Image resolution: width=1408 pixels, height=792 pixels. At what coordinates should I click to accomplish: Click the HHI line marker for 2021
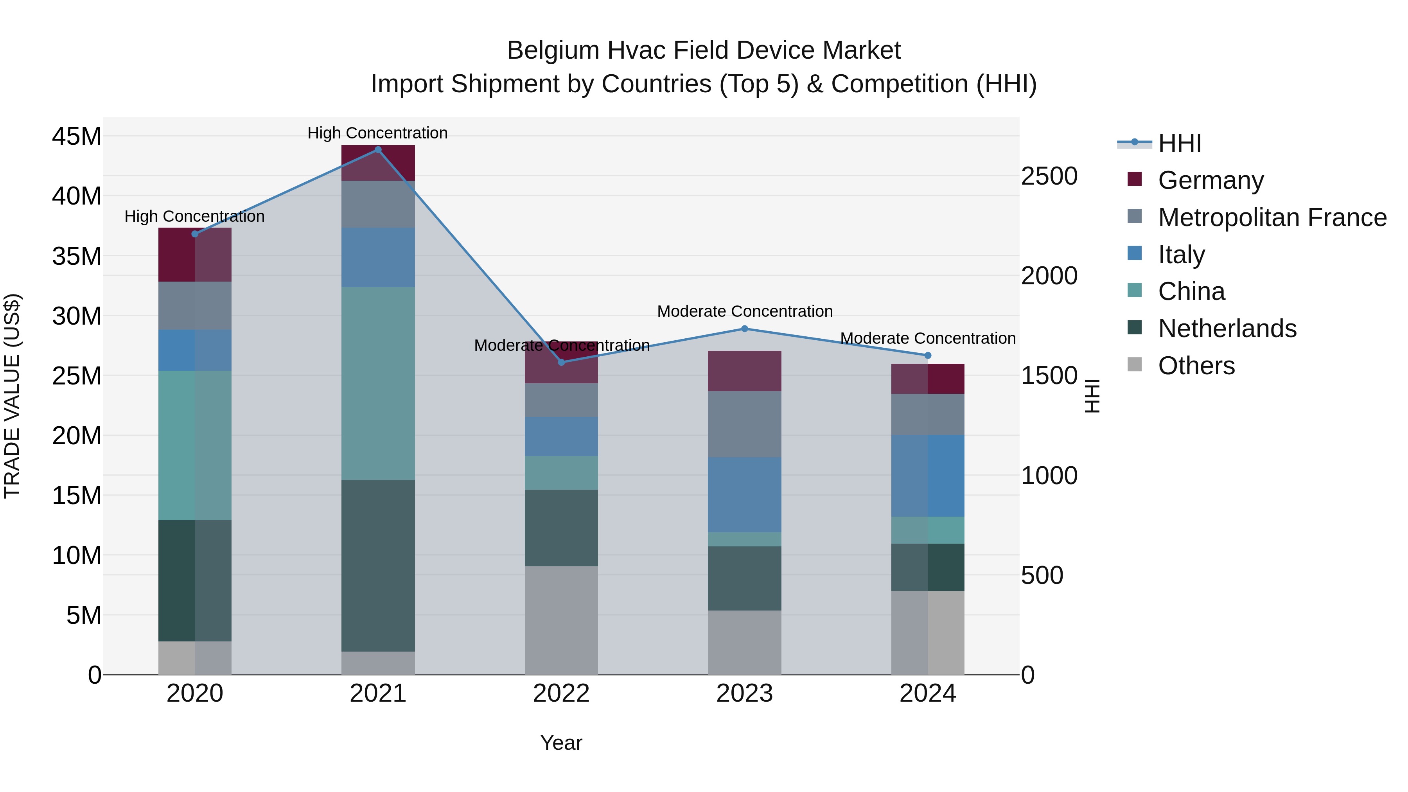pos(378,150)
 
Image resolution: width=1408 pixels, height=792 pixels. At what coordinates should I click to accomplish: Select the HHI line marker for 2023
pos(744,329)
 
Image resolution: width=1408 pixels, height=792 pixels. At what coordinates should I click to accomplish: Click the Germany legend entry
pos(1210,180)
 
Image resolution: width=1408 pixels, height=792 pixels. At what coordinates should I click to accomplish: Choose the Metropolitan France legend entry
pos(1272,217)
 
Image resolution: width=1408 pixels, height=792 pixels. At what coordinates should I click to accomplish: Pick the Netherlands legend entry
pos(1227,329)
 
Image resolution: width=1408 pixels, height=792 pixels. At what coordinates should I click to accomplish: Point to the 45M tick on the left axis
pos(77,136)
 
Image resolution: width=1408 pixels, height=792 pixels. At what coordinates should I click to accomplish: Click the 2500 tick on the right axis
pos(1049,176)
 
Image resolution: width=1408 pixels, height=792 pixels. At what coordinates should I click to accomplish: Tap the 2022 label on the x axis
pos(561,693)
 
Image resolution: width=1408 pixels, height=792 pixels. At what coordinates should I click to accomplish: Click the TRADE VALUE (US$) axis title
pos(12,396)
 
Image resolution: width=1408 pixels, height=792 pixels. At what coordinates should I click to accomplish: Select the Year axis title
pos(561,743)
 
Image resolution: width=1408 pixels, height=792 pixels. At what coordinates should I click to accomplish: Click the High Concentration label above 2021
pos(378,133)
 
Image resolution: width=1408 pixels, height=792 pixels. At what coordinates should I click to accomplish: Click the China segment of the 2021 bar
pos(378,383)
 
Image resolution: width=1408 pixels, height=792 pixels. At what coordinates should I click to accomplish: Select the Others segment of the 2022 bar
pos(561,620)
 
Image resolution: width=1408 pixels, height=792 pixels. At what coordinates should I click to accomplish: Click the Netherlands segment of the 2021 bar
pos(378,565)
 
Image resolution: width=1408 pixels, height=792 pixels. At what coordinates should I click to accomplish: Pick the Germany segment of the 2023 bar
pos(744,371)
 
